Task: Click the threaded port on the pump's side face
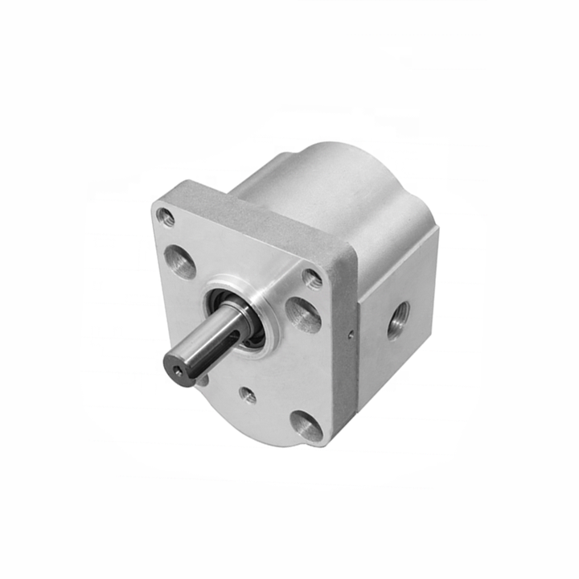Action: [x=397, y=319]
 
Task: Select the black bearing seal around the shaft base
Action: [x=251, y=331]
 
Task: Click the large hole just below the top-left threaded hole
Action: [x=179, y=261]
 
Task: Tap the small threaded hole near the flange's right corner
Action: [x=313, y=278]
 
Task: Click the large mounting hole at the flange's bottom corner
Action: [x=306, y=425]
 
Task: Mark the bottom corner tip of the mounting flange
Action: [x=322, y=444]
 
